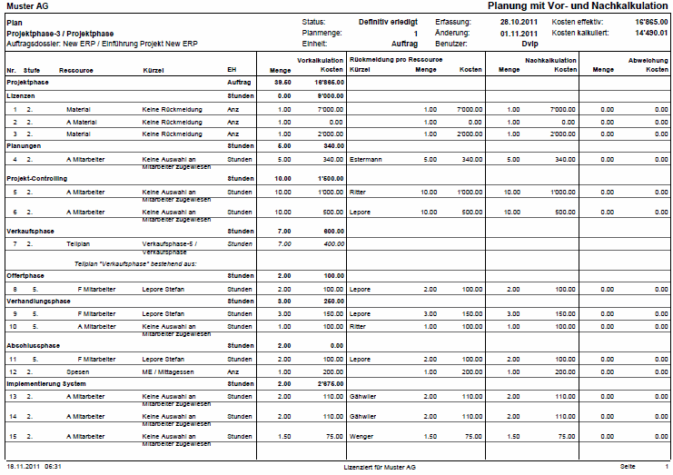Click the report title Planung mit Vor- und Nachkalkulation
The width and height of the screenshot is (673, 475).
click(578, 6)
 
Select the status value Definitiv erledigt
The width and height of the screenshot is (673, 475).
click(388, 20)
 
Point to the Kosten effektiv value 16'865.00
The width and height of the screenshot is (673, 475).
click(646, 20)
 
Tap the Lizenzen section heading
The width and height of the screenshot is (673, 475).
click(21, 94)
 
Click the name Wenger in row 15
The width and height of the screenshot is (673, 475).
click(361, 436)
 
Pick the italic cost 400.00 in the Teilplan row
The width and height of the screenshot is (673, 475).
click(332, 243)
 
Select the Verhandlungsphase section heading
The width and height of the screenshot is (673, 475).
click(38, 301)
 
